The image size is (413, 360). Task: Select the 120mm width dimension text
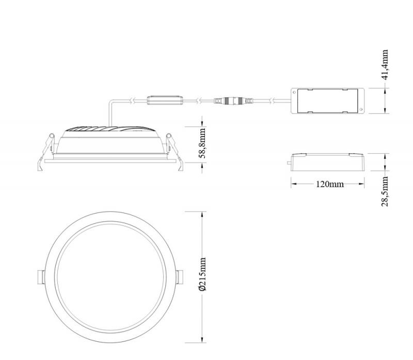click(329, 184)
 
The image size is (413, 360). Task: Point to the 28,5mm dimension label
click(385, 191)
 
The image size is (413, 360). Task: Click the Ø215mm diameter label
click(203, 274)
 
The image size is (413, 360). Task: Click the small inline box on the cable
click(165, 100)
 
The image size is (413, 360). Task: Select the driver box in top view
click(328, 100)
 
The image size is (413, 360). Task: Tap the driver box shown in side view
click(328, 161)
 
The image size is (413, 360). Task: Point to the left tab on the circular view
click(40, 276)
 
